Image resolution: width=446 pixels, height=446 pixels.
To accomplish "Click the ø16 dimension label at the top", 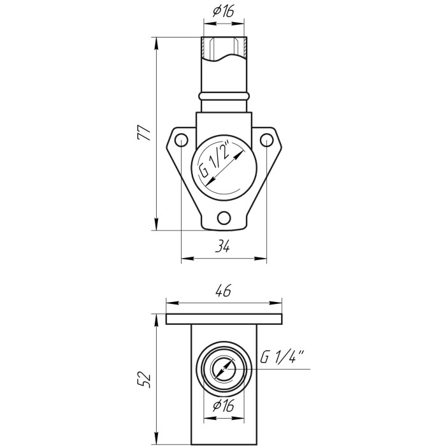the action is (x=223, y=11).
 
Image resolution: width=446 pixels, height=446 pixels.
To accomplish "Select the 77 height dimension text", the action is (x=143, y=133).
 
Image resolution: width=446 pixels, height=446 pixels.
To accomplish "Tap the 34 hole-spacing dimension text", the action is (x=222, y=246).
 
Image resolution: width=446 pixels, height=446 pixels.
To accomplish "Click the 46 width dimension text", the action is (x=224, y=291).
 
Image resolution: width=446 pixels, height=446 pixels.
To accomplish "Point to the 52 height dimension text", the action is (x=144, y=379).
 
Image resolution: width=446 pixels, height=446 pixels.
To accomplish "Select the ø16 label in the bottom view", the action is (x=223, y=406).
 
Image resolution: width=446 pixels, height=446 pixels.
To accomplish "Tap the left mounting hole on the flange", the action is (x=181, y=140).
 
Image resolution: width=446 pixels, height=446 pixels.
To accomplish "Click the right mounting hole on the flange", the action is (x=266, y=140).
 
